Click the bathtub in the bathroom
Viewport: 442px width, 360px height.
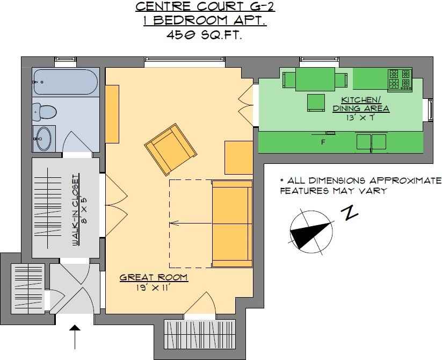(66, 82)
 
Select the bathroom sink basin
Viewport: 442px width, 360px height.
(44, 139)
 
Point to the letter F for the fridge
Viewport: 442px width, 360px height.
(323, 142)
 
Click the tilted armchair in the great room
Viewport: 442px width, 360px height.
(170, 149)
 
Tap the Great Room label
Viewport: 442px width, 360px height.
(154, 278)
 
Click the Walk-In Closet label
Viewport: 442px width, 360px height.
(76, 210)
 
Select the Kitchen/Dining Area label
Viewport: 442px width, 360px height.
(361, 104)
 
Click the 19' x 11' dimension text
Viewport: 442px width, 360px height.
(154, 288)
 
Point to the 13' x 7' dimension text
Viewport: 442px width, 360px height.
(361, 118)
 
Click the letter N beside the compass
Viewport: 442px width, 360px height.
(349, 213)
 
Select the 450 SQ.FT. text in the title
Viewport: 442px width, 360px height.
(205, 35)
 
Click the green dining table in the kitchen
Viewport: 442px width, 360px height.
(315, 79)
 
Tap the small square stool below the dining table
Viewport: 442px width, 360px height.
(316, 103)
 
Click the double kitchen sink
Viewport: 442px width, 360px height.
(371, 142)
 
